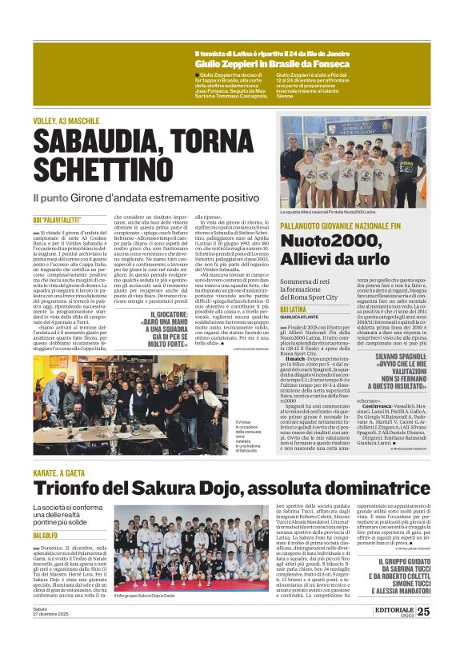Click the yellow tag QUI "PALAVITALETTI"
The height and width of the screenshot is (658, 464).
coord(57,219)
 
